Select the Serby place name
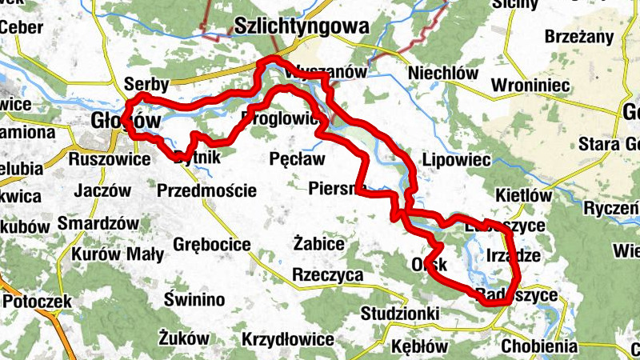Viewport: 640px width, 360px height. [146, 84]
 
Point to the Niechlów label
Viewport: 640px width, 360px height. [442, 73]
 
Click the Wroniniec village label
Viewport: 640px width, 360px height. [530, 84]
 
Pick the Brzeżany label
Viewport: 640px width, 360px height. [578, 37]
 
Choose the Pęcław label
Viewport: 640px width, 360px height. [298, 159]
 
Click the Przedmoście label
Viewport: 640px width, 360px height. [207, 190]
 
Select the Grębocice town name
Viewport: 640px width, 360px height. [207, 244]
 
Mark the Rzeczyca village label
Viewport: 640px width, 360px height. [328, 275]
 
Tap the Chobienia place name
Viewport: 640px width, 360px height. [539, 346]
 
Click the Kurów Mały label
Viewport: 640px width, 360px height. [118, 254]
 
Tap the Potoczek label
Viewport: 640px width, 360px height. [38, 302]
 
